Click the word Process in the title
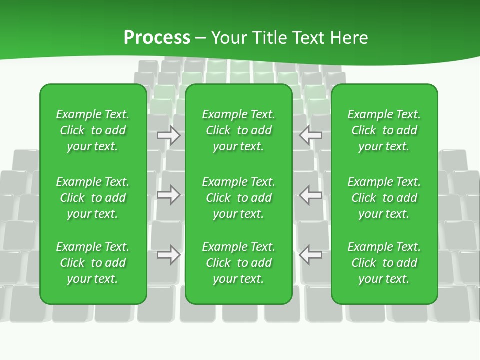tap(157, 38)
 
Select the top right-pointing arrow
tap(169, 135)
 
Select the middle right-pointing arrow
tap(169, 195)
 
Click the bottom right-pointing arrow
tap(169, 255)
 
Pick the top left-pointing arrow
tap(311, 135)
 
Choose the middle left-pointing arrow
tap(311, 195)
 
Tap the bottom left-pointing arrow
tap(311, 255)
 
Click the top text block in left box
tap(93, 130)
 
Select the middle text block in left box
tap(93, 198)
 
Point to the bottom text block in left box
tap(93, 263)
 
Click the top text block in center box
tap(239, 130)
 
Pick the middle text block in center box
tap(239, 198)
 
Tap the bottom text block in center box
tap(239, 263)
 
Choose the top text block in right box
tap(384, 130)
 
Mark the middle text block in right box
tap(384, 198)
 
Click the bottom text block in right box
tap(384, 263)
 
